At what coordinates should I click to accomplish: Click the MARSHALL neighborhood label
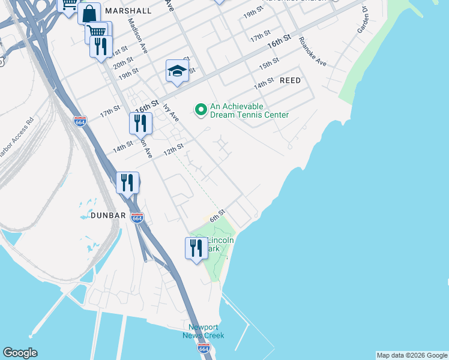pyautogui.click(x=128, y=11)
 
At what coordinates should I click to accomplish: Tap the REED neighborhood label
pyautogui.click(x=290, y=80)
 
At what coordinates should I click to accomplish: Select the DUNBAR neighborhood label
pyautogui.click(x=108, y=215)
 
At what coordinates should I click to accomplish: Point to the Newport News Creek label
pyautogui.click(x=203, y=331)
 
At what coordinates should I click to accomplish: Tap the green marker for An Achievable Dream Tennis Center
pyautogui.click(x=200, y=109)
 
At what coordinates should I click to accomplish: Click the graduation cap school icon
pyautogui.click(x=178, y=71)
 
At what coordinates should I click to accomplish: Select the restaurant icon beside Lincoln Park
pyautogui.click(x=196, y=248)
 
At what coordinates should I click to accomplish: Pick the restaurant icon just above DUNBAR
pyautogui.click(x=127, y=182)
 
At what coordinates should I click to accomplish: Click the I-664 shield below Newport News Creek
pyautogui.click(x=204, y=349)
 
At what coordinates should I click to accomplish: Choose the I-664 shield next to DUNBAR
pyautogui.click(x=137, y=218)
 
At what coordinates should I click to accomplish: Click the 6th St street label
pyautogui.click(x=217, y=215)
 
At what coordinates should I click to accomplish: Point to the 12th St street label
pyautogui.click(x=173, y=149)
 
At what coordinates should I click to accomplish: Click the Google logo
pyautogui.click(x=20, y=352)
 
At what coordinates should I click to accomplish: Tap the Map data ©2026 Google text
pyautogui.click(x=412, y=355)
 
